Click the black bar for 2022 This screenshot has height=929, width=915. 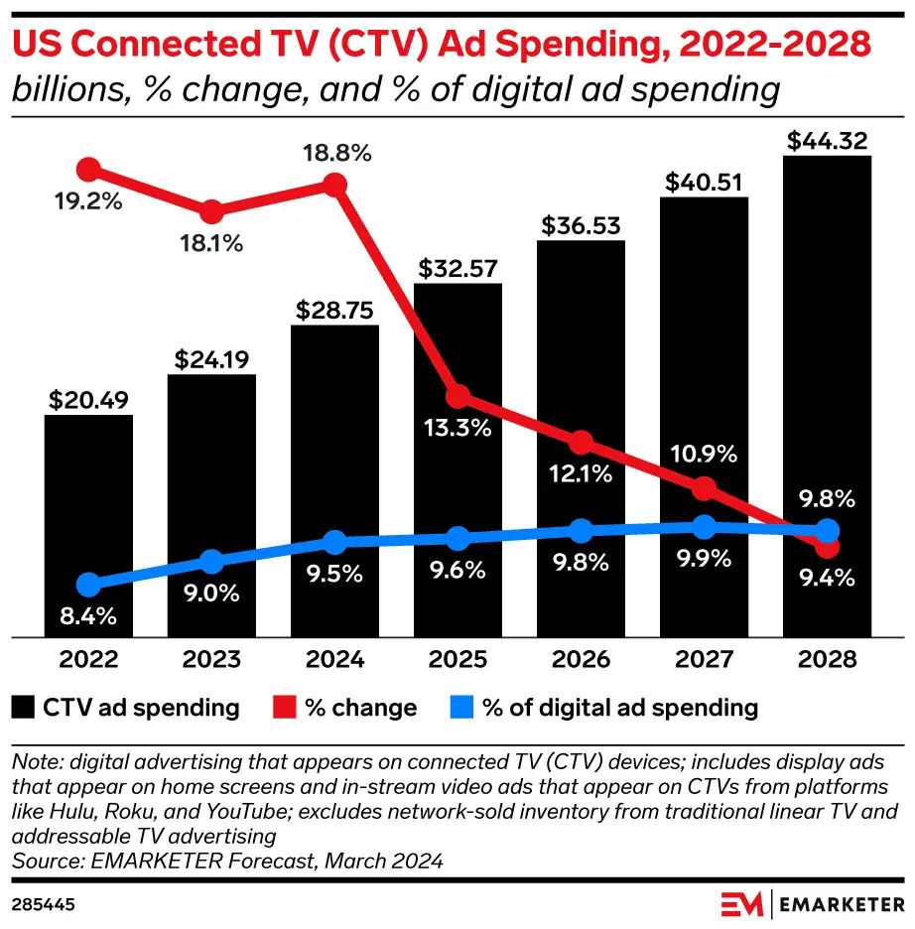88,525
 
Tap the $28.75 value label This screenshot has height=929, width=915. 334,310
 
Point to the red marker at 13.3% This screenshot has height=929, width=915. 457,398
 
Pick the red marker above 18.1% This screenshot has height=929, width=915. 211,212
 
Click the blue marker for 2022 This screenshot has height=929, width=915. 88,585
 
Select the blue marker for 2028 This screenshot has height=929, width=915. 827,530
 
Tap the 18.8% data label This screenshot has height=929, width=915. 336,154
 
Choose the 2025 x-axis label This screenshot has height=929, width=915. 457,659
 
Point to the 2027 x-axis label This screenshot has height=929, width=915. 704,659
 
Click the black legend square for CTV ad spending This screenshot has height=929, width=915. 24,708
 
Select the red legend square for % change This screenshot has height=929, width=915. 286,708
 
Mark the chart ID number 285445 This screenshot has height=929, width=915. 45,904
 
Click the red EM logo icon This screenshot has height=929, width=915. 742,904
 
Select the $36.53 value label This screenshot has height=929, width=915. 581,225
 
